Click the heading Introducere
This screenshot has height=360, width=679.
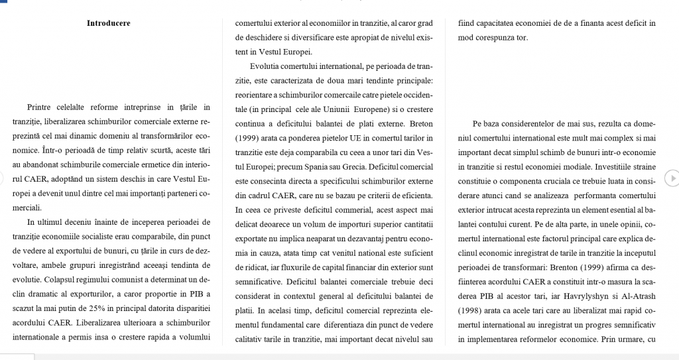point(109,23)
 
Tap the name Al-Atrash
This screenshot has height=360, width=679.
point(637,295)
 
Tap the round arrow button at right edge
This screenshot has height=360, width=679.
point(671,178)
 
